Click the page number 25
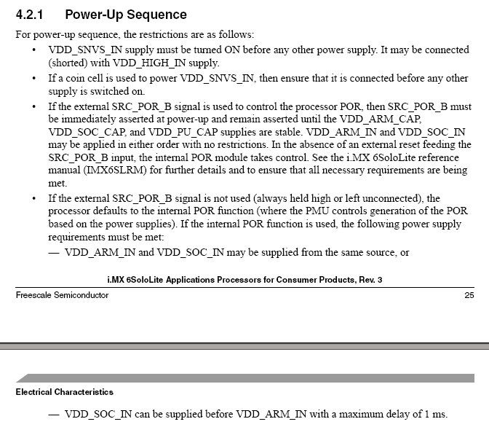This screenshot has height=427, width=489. (x=469, y=295)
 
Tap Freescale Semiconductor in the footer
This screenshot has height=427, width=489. (x=62, y=295)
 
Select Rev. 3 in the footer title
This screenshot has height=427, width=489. (x=368, y=281)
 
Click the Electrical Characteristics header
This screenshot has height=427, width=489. (x=64, y=392)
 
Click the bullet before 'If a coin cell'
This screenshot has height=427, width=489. (x=35, y=78)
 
